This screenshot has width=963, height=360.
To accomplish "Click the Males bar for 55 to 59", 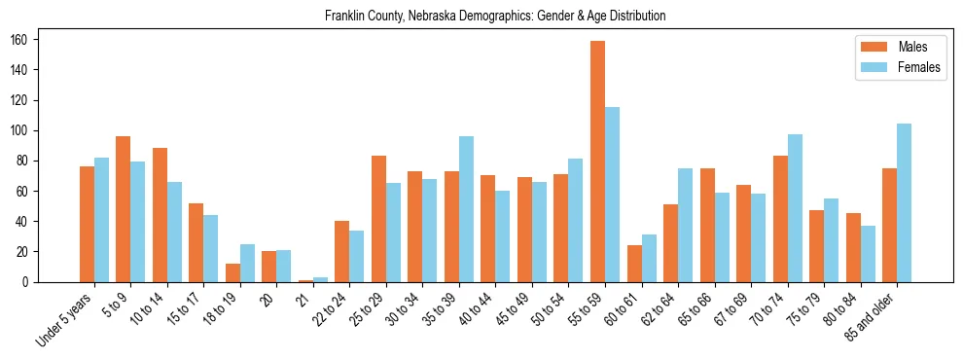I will (597, 162).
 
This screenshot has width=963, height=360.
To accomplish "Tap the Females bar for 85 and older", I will (904, 202).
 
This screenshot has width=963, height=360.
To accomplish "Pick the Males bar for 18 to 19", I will (232, 272).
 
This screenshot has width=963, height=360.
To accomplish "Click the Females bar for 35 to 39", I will (466, 209).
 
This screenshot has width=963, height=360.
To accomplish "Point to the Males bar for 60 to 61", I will (634, 264).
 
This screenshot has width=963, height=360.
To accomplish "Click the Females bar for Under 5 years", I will (101, 220).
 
